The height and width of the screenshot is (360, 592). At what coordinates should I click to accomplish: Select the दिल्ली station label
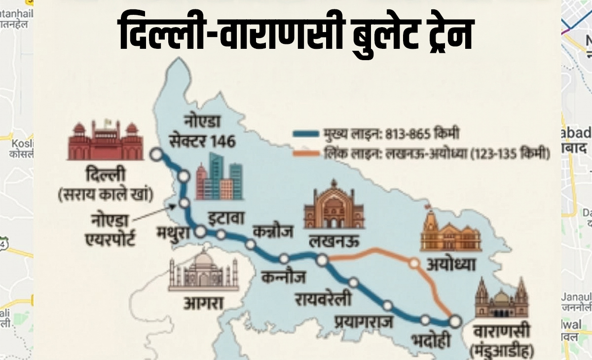pyautogui.click(x=106, y=176)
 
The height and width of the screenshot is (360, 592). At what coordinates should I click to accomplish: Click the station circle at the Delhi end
pyautogui.click(x=156, y=154)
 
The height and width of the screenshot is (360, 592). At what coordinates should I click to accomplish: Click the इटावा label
pyautogui.click(x=224, y=217)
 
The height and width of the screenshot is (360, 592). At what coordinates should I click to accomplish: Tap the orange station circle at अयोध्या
pyautogui.click(x=414, y=263)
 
